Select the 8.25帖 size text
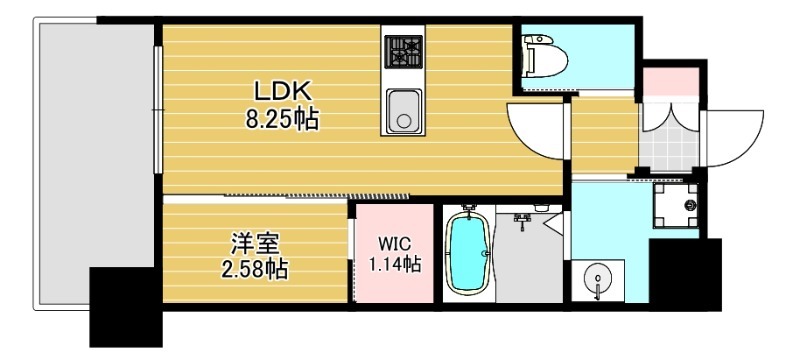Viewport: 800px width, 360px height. pos(282,121)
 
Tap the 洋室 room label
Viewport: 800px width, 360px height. pos(254,242)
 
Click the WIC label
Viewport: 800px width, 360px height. pos(392,243)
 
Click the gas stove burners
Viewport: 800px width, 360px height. pos(404,49)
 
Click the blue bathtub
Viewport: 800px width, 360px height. pos(466,254)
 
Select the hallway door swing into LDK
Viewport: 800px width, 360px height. pos(536,128)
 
